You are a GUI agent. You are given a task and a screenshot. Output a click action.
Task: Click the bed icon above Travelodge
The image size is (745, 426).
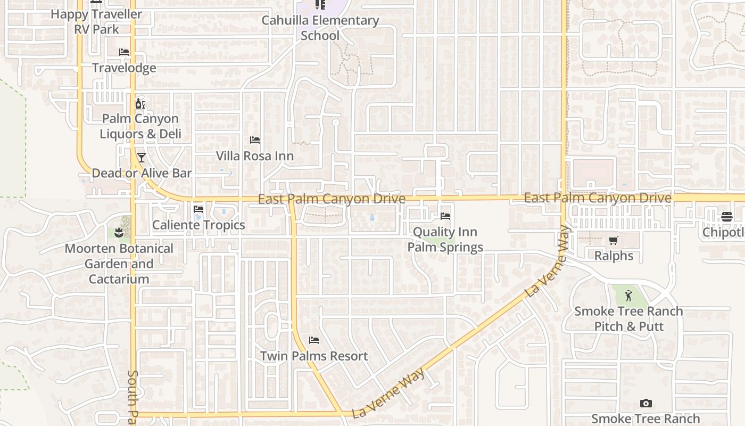click(124, 52)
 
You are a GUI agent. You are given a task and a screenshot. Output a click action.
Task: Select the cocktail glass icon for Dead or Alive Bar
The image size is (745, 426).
click(142, 158)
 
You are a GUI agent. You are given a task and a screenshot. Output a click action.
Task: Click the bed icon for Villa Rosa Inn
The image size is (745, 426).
click(255, 140)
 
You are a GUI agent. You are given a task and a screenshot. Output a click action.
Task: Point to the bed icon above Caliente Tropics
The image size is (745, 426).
click(198, 209)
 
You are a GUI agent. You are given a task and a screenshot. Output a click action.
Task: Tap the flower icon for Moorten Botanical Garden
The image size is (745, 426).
click(118, 233)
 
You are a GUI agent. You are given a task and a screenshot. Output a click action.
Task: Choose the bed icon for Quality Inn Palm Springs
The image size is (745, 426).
click(445, 216)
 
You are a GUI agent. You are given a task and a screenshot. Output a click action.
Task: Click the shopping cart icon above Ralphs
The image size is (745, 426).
click(614, 240)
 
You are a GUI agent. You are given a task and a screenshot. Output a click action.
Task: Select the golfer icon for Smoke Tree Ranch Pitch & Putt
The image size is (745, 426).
click(628, 295)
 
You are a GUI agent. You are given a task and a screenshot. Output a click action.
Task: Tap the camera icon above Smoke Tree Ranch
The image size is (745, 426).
click(645, 404)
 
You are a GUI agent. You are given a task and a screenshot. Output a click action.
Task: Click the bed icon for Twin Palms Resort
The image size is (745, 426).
click(314, 340)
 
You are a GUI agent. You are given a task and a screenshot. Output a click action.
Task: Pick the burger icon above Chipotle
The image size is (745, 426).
click(727, 217)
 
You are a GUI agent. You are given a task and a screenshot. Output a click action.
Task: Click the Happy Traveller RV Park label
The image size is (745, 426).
click(96, 21)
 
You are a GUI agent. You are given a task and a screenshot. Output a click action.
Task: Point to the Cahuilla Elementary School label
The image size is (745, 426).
click(320, 28)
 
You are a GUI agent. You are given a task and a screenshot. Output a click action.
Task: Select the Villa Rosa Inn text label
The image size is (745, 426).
click(255, 156)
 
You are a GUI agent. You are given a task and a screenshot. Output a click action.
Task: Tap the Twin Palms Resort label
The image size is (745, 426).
click(314, 356)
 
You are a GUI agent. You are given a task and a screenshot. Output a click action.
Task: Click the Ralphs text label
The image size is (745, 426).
click(614, 256)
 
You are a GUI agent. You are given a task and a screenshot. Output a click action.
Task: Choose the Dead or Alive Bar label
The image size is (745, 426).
click(142, 173)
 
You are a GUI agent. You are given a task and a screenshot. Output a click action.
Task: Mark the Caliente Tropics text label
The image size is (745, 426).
click(198, 225)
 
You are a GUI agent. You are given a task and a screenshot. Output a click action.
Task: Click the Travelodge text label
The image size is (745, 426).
click(124, 68)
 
